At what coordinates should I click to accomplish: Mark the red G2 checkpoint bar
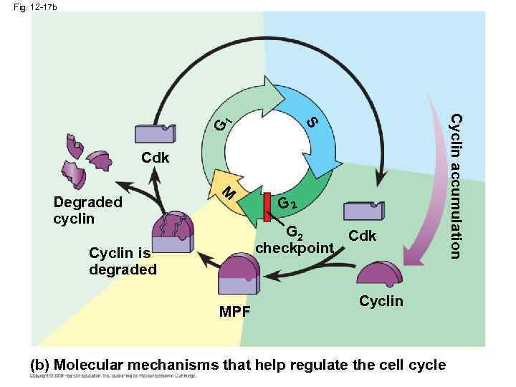267,206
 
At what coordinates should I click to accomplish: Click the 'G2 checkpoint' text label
295,240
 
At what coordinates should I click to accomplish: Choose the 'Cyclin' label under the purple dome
381,301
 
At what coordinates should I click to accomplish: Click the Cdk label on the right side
362,236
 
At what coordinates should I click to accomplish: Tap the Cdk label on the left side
155,158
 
